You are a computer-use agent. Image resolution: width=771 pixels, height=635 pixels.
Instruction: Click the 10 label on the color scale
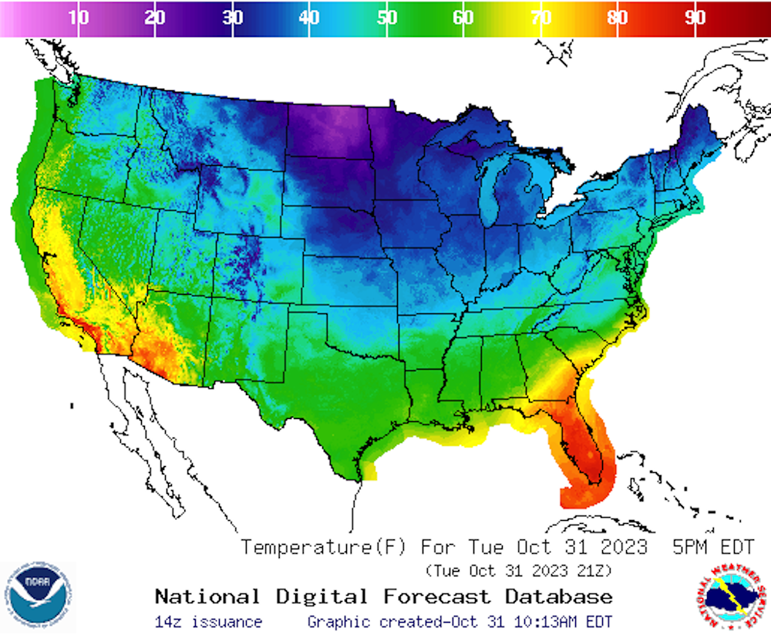coord(78,18)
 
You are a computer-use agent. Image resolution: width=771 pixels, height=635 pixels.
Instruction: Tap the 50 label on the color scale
coord(386,18)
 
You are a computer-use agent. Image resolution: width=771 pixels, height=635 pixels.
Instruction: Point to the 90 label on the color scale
coord(695,18)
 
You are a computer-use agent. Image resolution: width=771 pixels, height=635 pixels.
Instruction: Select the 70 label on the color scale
coord(540,18)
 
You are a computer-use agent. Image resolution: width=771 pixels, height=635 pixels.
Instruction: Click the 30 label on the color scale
coord(232,18)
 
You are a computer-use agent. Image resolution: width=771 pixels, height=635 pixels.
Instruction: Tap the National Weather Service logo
coord(730,596)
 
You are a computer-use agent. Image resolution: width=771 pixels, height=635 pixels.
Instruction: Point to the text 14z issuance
coord(208,622)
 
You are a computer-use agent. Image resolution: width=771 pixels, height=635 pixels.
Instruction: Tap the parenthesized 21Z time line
coord(518,570)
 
